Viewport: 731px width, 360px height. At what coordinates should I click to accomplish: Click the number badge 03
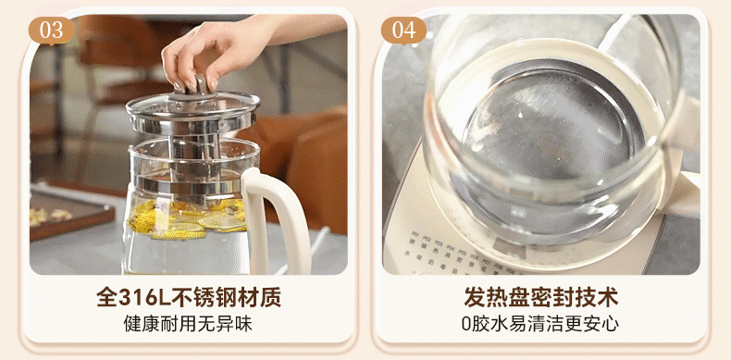click(x=51, y=31)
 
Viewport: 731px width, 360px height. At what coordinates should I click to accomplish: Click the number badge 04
click(x=403, y=31)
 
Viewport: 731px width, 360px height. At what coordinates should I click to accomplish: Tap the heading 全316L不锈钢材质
click(x=189, y=297)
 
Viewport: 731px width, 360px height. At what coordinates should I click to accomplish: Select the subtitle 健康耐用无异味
click(x=188, y=324)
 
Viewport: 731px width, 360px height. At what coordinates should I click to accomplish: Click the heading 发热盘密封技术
click(x=540, y=297)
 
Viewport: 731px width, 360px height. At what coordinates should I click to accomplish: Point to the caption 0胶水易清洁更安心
click(x=540, y=324)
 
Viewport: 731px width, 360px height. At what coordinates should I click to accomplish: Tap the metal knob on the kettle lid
click(x=202, y=87)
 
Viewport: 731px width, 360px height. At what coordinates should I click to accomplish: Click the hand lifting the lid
click(x=219, y=51)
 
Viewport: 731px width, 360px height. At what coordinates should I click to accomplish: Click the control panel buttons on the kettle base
click(x=462, y=254)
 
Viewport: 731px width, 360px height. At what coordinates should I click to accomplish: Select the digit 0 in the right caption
click(x=466, y=324)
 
